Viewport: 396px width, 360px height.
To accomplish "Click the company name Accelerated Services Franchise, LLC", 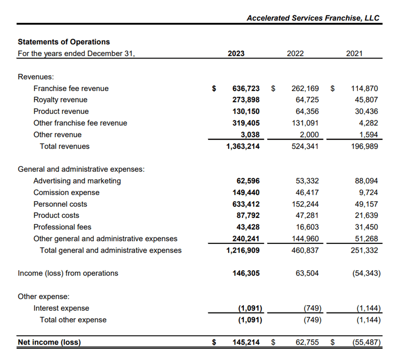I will (313, 18).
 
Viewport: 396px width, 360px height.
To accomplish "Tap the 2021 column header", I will (354, 53).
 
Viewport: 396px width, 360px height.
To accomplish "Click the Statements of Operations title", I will (64, 42).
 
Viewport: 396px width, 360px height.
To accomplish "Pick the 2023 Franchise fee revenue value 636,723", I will (246, 88).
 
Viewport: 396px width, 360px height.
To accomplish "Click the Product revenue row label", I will (61, 111).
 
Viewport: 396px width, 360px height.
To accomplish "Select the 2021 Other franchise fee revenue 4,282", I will (369, 123).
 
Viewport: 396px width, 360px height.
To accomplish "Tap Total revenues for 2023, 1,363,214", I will (240, 146).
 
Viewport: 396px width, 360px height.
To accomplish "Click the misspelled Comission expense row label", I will (66, 192).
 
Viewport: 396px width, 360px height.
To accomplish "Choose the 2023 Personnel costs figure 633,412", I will (246, 204).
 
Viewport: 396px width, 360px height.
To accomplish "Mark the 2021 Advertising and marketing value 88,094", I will (366, 181).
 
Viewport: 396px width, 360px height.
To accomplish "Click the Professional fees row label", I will (62, 227).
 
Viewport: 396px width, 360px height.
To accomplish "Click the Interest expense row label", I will (61, 308).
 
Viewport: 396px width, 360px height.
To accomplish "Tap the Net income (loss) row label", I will (49, 343).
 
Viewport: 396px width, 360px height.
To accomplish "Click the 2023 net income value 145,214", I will (246, 343).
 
